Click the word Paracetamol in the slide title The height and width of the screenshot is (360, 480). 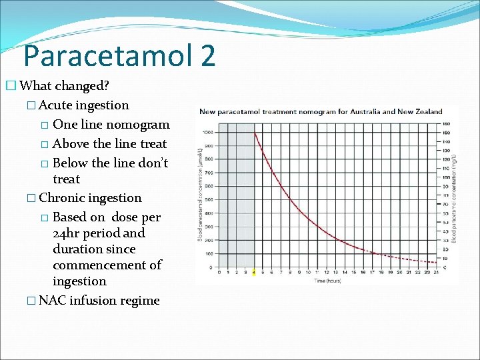pos(107,55)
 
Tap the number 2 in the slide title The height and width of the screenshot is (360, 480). pos(207,55)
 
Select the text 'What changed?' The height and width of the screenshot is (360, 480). pos(65,86)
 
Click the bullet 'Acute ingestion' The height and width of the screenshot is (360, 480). pos(84,105)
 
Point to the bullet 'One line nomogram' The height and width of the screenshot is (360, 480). pos(111,125)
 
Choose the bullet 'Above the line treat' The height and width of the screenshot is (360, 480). pos(109,144)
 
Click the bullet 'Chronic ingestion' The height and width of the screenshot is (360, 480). pos(90,198)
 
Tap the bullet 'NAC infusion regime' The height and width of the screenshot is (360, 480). pos(99,301)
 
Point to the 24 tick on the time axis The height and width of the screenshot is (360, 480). pos(435,272)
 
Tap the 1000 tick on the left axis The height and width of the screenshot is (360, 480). pos(209,132)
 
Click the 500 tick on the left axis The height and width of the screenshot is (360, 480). pos(209,199)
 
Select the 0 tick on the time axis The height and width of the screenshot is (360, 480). pos(219,272)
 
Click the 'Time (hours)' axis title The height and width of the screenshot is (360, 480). pos(327,280)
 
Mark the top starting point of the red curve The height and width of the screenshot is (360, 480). pos(255,132)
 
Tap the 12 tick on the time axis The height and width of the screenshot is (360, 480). pos(327,272)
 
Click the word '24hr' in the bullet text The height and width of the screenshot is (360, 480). pos(67,233)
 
